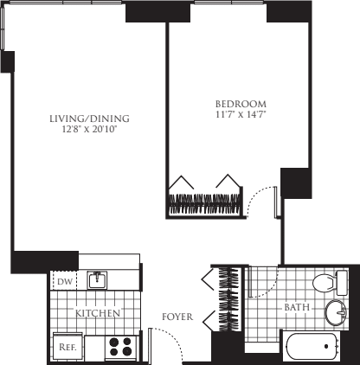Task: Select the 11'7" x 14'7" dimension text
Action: [235, 113]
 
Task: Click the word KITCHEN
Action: [97, 313]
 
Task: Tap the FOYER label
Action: [177, 317]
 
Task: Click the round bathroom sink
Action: [334, 312]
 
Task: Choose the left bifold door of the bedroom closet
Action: [182, 182]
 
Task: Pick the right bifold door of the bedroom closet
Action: [228, 182]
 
